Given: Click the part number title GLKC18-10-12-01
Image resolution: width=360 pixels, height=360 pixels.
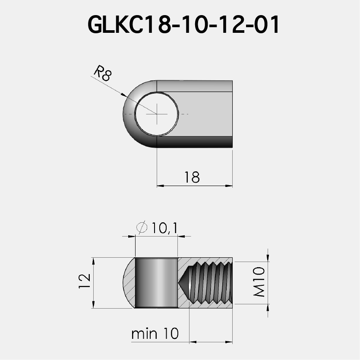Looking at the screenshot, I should (184, 25).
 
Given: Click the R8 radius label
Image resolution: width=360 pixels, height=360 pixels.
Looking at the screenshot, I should (103, 74).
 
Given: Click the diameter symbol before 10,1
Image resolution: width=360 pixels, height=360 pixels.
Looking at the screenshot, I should (141, 227).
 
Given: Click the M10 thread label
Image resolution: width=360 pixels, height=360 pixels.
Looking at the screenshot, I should (259, 282).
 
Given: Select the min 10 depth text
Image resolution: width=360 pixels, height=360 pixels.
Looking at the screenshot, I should (155, 334).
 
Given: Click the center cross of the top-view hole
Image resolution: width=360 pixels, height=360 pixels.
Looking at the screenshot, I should (157, 114).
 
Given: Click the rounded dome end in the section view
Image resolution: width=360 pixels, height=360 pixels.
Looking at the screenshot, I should (129, 283).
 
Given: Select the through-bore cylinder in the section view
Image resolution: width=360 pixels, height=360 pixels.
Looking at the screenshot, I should (156, 283).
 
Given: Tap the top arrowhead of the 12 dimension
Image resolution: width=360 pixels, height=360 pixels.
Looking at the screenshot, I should (93, 261).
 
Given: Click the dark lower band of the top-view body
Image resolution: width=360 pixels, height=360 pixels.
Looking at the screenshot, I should (194, 142).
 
